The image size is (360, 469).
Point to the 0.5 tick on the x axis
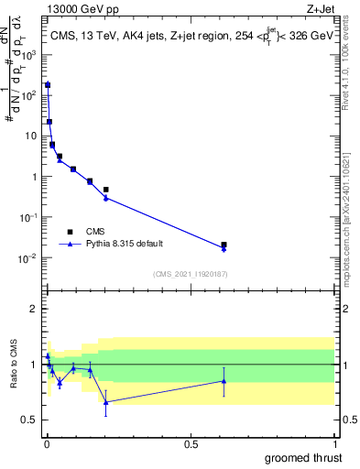[191, 445]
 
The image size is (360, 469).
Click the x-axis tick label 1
[333, 445]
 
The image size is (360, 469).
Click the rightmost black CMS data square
[224, 245]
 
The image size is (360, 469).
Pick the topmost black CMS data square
[48, 85]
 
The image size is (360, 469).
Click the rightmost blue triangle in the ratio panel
[224, 381]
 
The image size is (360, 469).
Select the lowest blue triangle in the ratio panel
[106, 402]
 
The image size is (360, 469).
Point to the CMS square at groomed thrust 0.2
[106, 190]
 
